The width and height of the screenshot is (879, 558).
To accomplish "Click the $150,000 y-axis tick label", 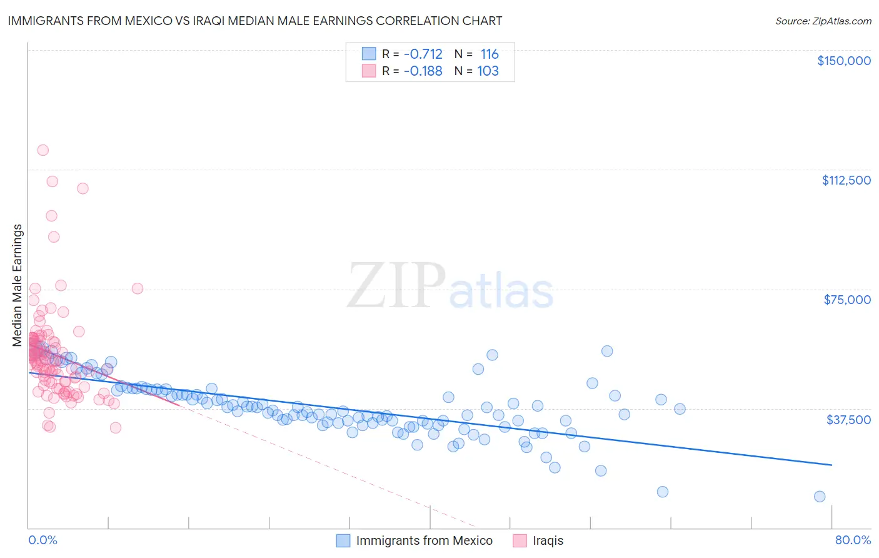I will pos(843,61).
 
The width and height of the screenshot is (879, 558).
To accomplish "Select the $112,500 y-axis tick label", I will pos(846,180).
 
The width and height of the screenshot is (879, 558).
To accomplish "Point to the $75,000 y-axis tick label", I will pos(846,300).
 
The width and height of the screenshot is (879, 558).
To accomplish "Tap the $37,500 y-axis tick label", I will pos(848,420).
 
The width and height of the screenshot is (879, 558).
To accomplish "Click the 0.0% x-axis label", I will pos(43,540).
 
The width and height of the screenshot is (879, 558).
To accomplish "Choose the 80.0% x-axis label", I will pos(853,540).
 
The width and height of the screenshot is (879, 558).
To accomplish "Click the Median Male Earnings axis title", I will pos(18,285).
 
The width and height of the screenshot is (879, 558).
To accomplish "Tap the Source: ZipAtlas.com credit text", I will pos(823,21).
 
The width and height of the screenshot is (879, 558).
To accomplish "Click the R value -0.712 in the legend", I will pos(423,54).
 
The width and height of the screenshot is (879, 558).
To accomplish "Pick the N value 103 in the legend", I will pos(488,71).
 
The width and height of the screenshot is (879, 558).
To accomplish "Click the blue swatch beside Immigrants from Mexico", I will pos(343,540).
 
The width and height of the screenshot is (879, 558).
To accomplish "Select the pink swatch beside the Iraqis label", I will pos(520,540).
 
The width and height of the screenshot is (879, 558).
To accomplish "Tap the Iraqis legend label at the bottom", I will pos(548,540).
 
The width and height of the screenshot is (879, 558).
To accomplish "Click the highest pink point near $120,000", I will pos(43,150).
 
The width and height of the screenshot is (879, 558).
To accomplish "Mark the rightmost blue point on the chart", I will pos(820,497).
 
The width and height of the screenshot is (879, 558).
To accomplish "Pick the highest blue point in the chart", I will pos(607,351).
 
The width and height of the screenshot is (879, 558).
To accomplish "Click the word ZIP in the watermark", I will pos(396,286).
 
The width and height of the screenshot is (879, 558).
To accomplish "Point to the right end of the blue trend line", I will pos(831,465).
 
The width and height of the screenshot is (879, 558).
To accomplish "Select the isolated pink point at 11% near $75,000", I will pos(138,288).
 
